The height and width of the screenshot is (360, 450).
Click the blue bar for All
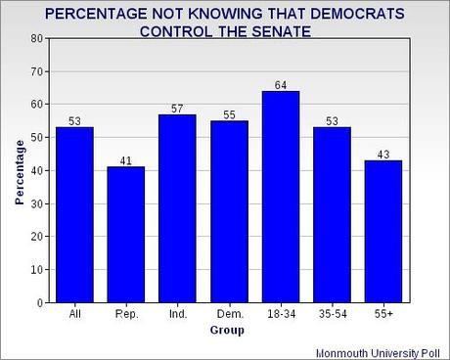tap(74, 214)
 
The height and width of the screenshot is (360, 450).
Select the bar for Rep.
tap(125, 234)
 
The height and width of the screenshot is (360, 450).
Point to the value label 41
tap(125, 160)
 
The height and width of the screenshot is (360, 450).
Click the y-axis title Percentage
tap(18, 170)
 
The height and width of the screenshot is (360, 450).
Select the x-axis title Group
tap(227, 330)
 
